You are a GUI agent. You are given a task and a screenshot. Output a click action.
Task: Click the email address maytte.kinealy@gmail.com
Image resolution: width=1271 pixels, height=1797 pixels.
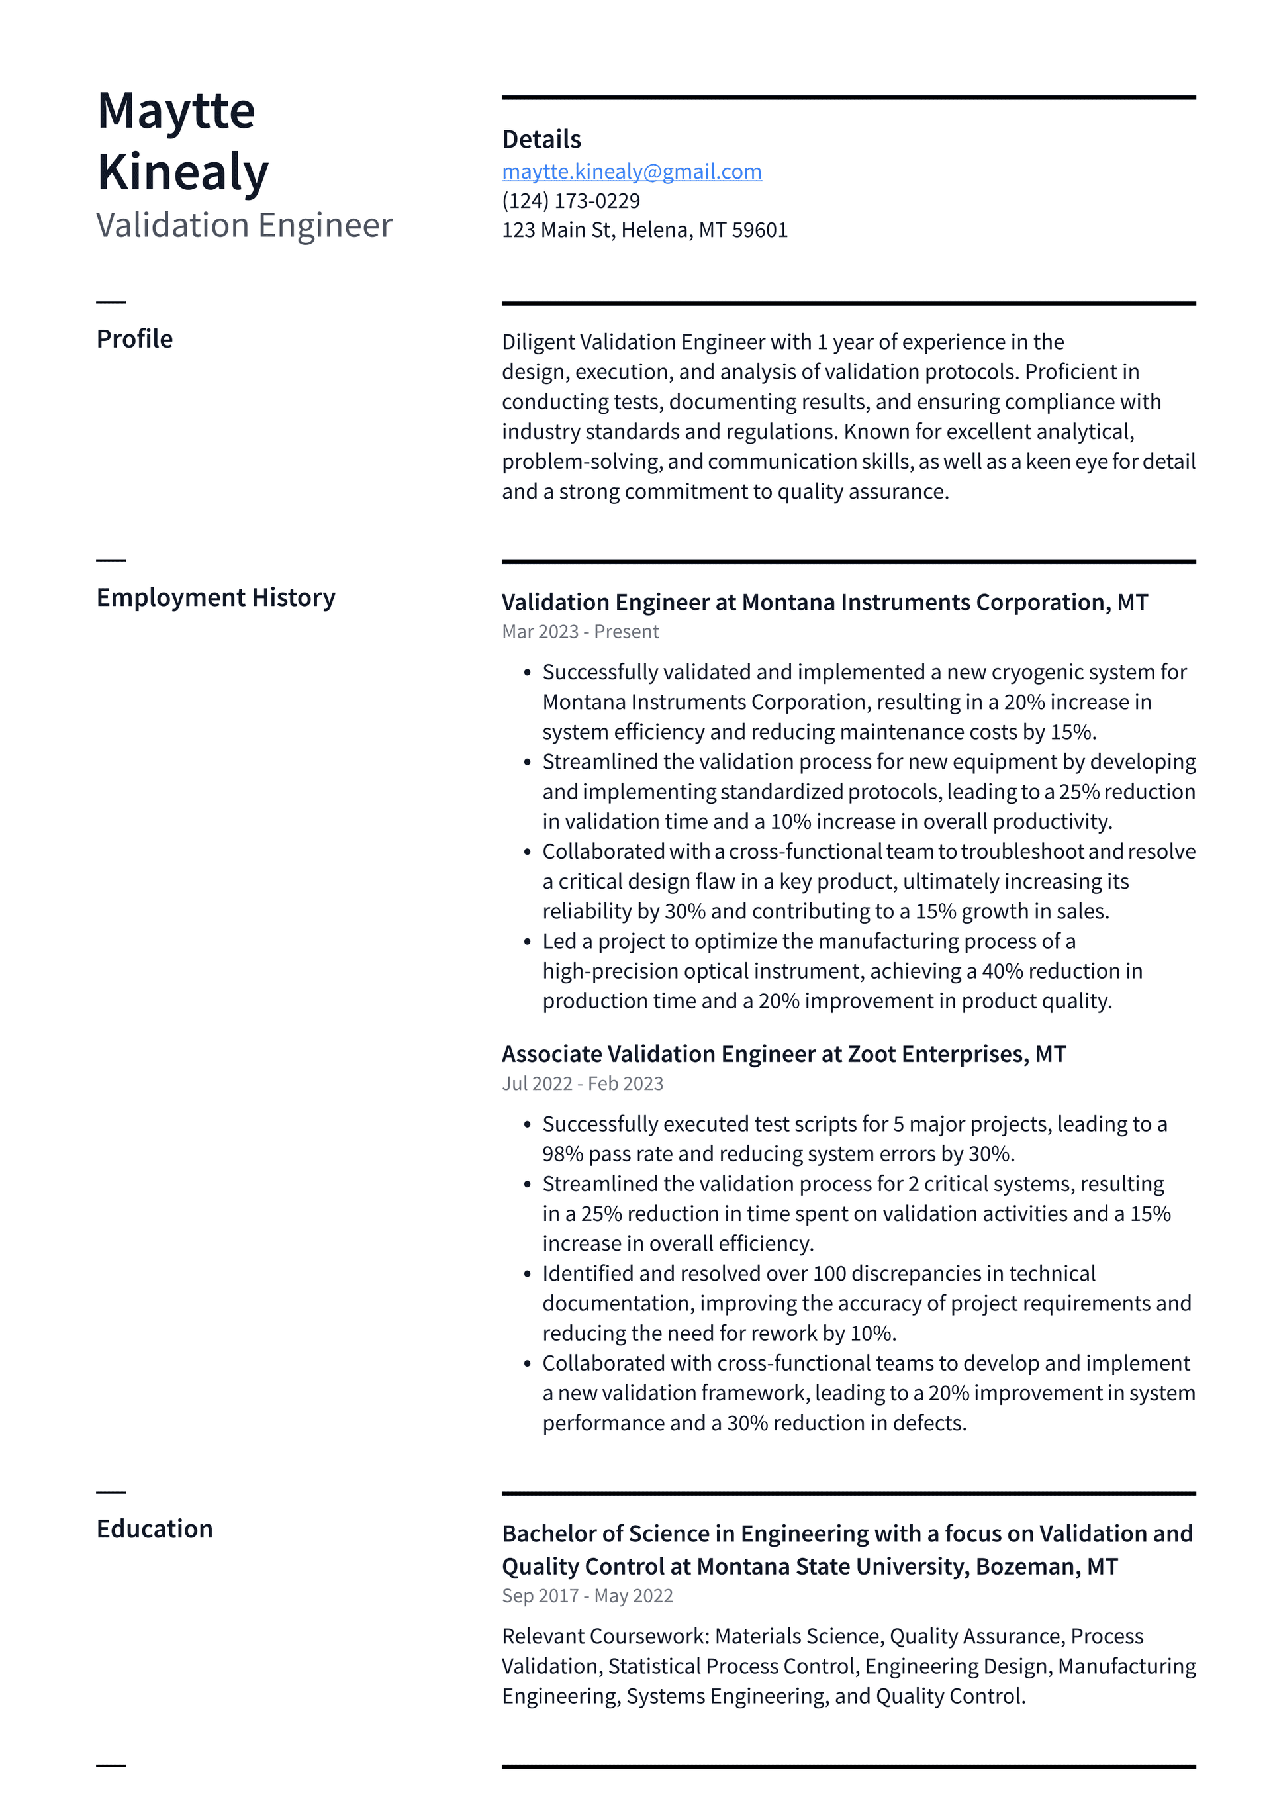632,171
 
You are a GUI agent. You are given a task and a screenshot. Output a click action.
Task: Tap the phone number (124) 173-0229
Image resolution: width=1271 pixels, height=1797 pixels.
571,201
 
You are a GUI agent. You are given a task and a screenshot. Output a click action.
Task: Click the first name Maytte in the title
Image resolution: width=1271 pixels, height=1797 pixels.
176,111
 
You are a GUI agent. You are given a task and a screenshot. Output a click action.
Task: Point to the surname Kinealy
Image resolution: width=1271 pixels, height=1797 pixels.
183,172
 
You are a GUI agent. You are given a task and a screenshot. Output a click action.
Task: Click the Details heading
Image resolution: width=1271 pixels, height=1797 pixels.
541,139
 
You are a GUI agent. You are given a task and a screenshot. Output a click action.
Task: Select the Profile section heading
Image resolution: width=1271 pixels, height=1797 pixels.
134,339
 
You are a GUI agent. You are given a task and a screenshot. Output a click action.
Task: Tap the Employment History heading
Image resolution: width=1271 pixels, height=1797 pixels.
215,597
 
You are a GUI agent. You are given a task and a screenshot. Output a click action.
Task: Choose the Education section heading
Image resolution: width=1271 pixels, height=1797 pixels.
154,1529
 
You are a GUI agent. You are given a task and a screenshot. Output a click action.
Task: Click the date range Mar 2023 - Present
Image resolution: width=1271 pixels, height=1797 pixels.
580,632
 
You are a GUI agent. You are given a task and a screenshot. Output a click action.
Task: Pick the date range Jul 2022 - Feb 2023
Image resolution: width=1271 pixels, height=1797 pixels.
583,1083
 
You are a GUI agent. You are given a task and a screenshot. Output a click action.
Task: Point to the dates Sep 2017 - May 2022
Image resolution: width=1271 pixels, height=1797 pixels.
587,1596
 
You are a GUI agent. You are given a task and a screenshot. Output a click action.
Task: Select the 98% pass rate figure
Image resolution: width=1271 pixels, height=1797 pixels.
563,1153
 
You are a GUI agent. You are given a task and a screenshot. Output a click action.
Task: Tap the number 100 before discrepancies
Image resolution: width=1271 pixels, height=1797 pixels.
829,1273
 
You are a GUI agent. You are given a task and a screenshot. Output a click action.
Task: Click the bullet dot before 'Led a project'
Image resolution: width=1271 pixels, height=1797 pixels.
528,942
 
